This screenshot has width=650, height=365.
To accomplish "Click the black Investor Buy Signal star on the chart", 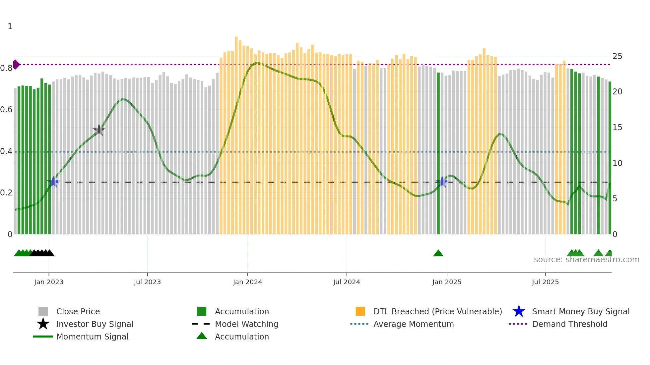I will (x=99, y=130).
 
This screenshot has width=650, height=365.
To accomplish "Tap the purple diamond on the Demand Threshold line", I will (x=16, y=65).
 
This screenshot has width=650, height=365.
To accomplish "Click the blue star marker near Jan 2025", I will (x=442, y=182).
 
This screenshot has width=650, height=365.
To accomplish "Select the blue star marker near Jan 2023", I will (x=53, y=182).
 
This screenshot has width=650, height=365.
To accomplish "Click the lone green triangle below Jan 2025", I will (x=438, y=253).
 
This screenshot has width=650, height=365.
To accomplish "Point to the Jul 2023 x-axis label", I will (x=147, y=282).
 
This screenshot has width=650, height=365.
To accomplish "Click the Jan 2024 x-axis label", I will (x=247, y=282).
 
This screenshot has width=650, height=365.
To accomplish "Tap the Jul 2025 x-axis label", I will (x=545, y=282).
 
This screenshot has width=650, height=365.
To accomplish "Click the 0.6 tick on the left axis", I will (x=6, y=110).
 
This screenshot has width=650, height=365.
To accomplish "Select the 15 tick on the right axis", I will (x=617, y=128).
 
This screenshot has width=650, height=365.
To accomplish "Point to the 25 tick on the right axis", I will (x=617, y=56).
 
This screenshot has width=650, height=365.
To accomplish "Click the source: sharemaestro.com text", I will (x=586, y=260).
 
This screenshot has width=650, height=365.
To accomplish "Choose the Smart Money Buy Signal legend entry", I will (x=580, y=311).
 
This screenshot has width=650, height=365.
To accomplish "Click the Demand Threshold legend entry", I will (x=569, y=324).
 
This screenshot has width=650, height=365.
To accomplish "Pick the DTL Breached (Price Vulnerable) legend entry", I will (x=437, y=311).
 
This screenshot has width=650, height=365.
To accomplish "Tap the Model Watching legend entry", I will (x=246, y=324).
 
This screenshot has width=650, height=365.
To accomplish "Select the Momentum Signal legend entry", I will (x=92, y=337).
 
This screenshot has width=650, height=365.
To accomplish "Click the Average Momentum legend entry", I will (x=413, y=324).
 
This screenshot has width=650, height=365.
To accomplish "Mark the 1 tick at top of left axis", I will (x=10, y=26).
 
